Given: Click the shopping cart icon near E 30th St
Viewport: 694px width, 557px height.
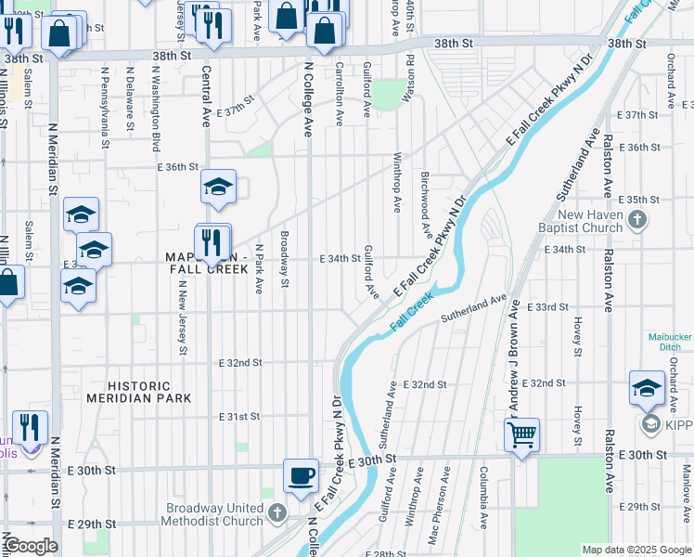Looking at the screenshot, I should (522, 433).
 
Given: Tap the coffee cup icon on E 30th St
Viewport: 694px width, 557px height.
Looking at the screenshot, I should (302, 477).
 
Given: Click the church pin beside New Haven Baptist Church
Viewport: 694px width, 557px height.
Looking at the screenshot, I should (636, 220).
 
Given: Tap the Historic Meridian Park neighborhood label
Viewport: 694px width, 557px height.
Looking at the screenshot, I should (139, 392).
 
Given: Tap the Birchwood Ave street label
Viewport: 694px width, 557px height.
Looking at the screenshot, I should (425, 204).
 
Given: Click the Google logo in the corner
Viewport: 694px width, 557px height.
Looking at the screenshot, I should (31, 546).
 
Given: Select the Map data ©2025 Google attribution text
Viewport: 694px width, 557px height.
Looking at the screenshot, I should (636, 550).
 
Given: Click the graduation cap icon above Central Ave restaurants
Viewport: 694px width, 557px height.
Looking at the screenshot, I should (218, 187).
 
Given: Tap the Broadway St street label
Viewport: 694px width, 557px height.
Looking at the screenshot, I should (286, 259).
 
